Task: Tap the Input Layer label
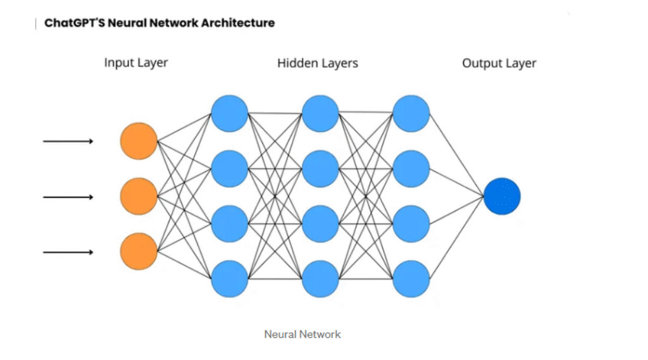(x=136, y=63)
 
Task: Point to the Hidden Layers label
(x=318, y=63)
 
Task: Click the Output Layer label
(x=499, y=63)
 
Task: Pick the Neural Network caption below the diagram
(x=302, y=334)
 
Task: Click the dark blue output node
(x=502, y=196)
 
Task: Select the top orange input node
(x=139, y=141)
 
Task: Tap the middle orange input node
(x=139, y=197)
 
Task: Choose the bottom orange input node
(x=139, y=251)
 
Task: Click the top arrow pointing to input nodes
(x=68, y=141)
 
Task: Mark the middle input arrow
(x=68, y=197)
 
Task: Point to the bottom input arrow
(x=68, y=252)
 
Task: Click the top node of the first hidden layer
(x=230, y=113)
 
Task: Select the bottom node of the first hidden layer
(x=230, y=279)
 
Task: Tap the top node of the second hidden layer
(x=321, y=113)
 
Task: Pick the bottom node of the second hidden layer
(x=321, y=279)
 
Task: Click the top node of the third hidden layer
(x=411, y=113)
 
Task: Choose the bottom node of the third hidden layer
(x=411, y=279)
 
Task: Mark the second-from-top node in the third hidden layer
(x=411, y=169)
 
